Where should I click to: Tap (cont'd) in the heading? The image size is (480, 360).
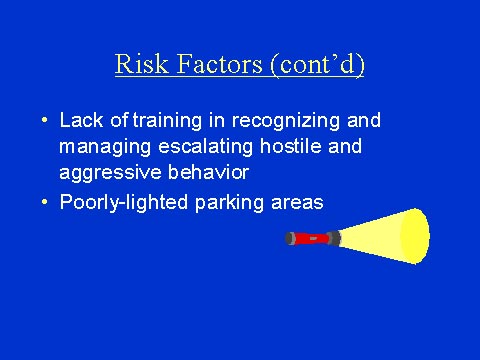click(319, 65)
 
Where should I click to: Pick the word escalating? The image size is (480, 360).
click(197, 146)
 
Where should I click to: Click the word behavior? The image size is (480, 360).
click(199, 171)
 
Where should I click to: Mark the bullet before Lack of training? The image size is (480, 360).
click(45, 121)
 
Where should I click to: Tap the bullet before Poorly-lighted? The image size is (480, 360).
click(45, 202)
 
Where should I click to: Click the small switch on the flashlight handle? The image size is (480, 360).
click(313, 239)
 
